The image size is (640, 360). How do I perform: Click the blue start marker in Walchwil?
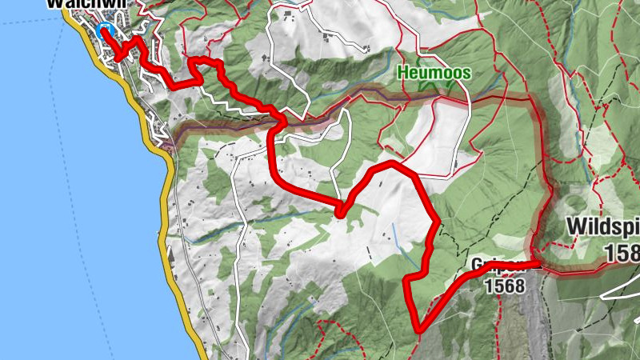click(104, 30)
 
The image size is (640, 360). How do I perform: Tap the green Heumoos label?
click(435, 73)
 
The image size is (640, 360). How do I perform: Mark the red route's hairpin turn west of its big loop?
click(340, 213)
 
